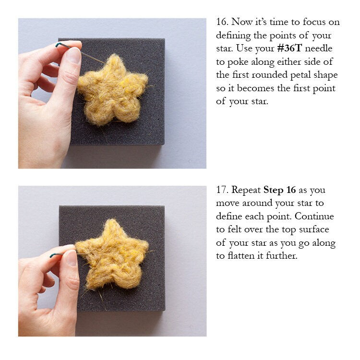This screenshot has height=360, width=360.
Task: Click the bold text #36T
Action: point(289,48)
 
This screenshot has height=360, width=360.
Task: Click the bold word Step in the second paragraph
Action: point(273,191)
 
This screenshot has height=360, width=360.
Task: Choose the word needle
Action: point(319,48)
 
